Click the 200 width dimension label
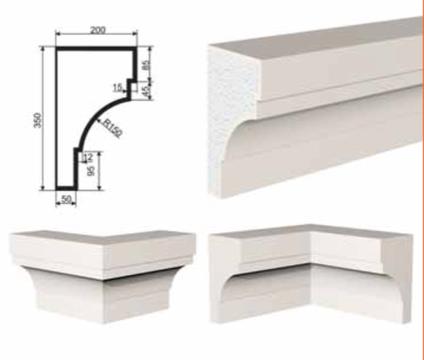point(98,30)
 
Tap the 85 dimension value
point(146,65)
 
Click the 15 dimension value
point(117,88)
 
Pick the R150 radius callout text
point(113,129)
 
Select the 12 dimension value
point(88,157)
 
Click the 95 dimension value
point(91,169)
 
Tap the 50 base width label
point(66,199)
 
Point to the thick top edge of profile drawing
point(96,49)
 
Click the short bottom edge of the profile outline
point(65,188)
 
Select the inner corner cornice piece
point(311,273)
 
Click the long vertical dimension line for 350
point(43,118)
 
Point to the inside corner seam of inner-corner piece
point(312,273)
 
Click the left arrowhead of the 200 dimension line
point(58,34)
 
